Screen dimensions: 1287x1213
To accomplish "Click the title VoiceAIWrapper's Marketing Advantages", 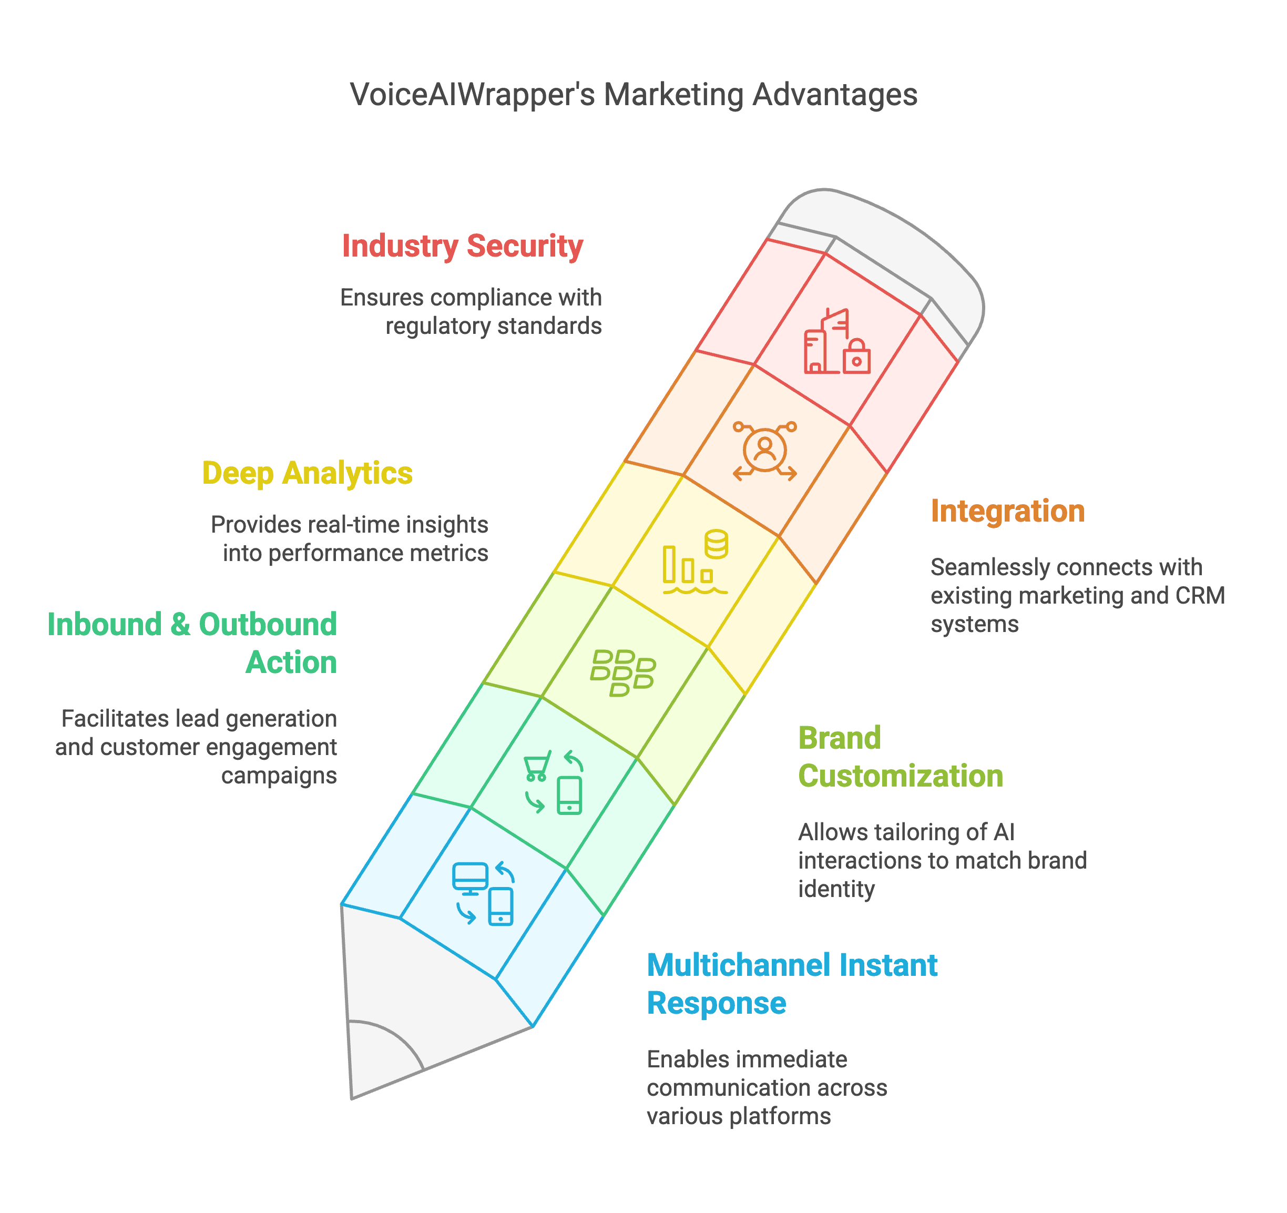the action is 634,95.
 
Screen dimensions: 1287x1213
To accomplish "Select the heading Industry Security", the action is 462,247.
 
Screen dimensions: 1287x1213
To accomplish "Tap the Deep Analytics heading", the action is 308,473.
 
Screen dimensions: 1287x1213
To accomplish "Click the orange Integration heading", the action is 1007,511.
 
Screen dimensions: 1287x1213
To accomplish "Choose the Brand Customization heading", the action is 901,757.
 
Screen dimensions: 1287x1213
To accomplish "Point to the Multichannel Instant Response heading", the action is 792,984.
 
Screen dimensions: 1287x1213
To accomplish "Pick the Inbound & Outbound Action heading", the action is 192,643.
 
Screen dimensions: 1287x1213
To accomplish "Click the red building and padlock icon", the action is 837,341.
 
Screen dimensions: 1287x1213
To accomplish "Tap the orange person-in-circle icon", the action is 764,450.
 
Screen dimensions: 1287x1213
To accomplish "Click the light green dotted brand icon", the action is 623,673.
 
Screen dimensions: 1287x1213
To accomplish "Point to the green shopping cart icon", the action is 537,766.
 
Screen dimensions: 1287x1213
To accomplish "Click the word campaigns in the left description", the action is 279,776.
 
